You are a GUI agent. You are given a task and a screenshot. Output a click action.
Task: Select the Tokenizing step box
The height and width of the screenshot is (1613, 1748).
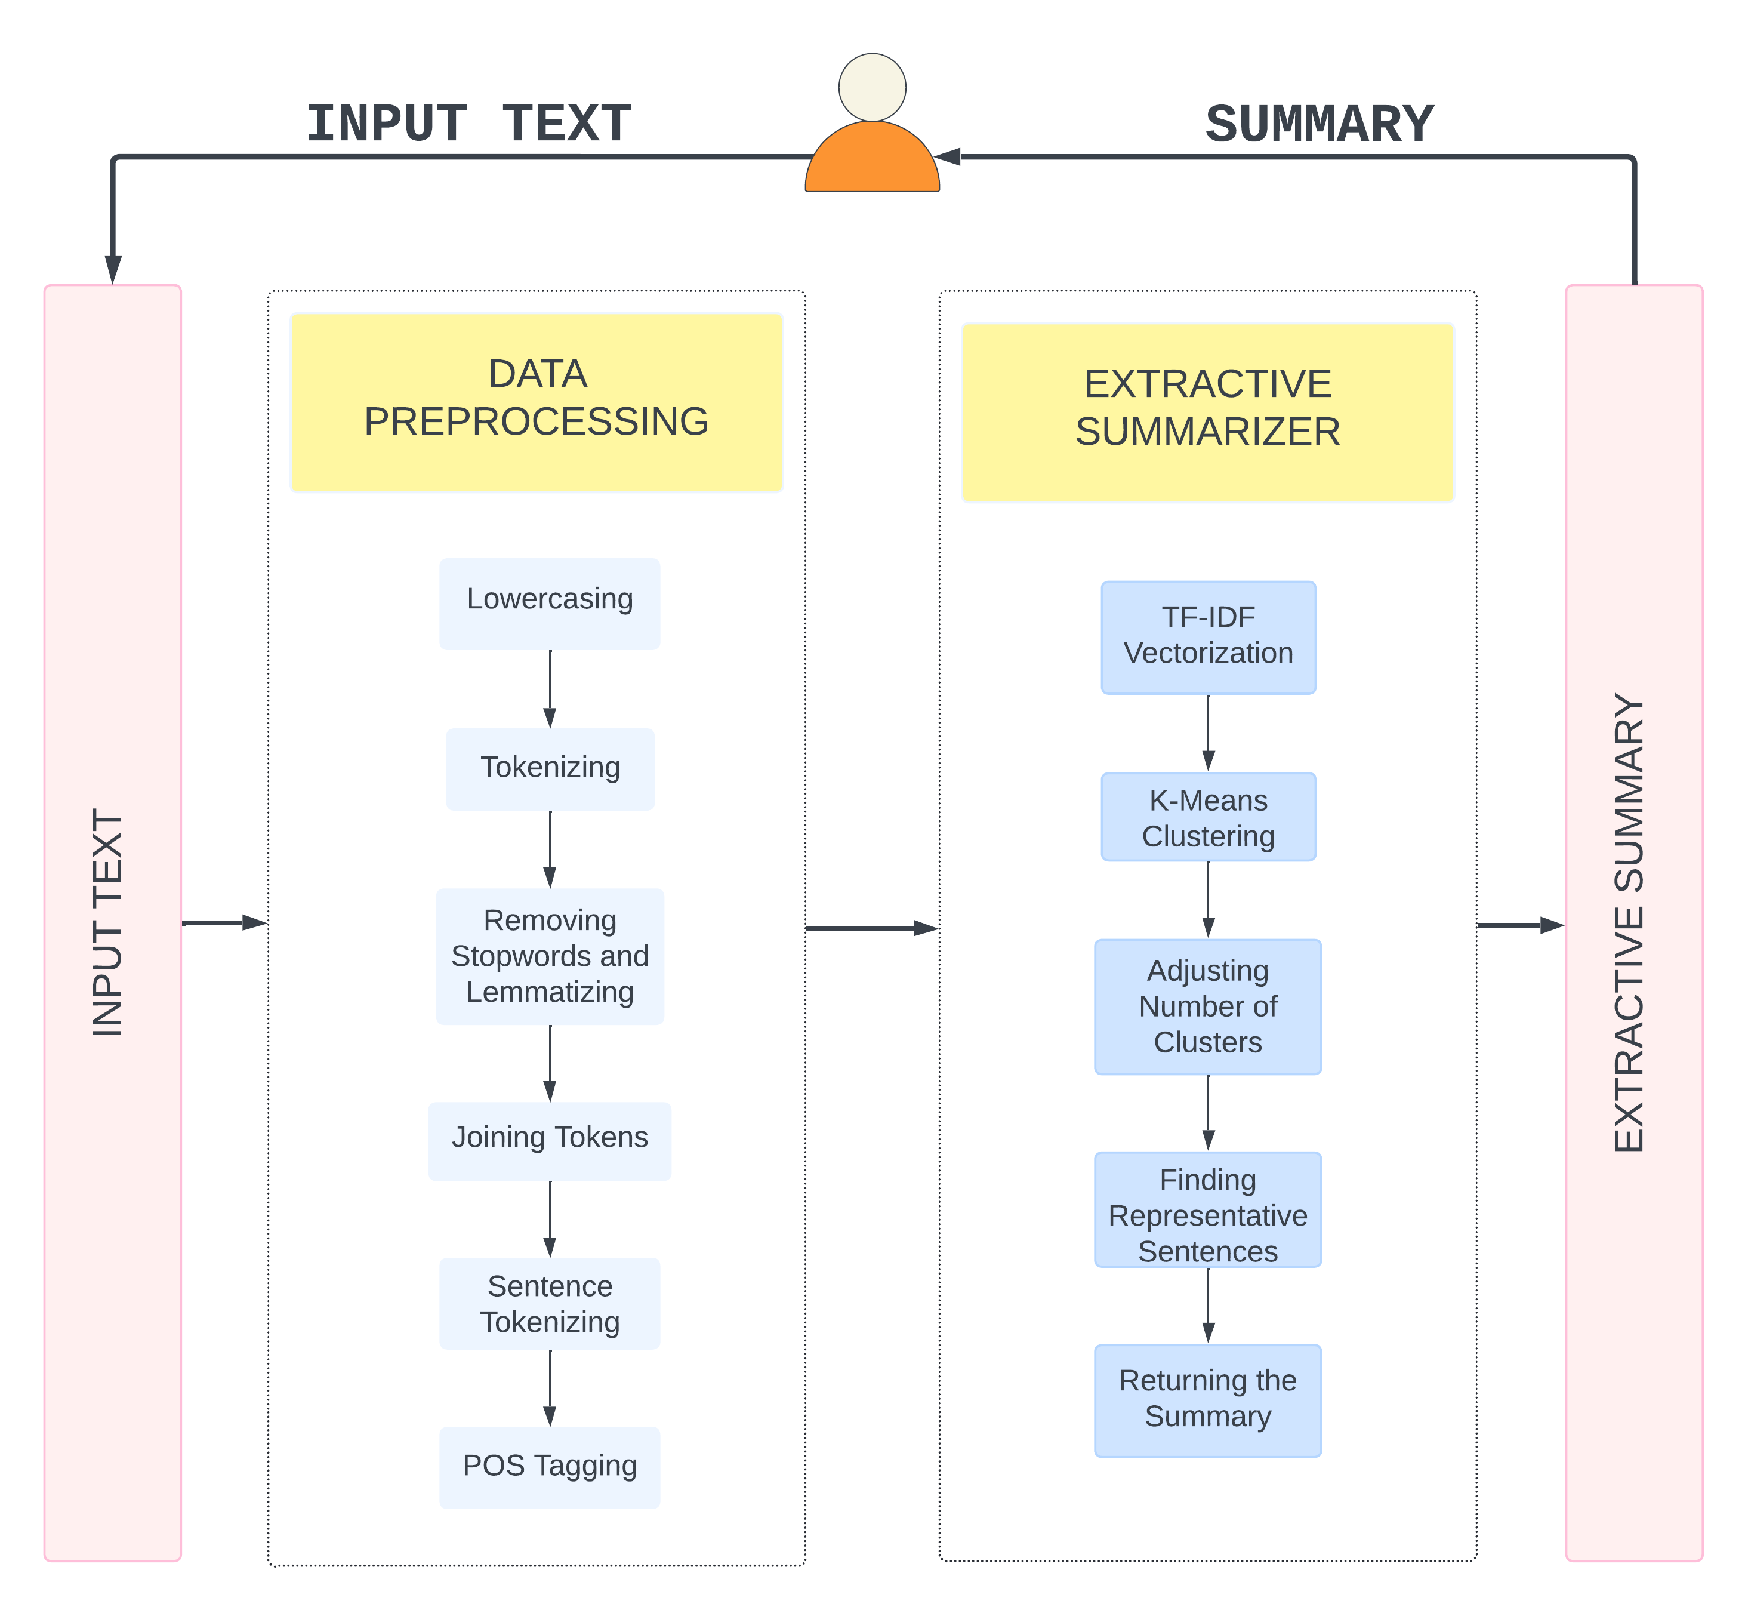click(550, 769)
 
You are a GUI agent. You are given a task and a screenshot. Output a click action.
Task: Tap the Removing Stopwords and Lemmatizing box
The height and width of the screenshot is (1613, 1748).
click(550, 956)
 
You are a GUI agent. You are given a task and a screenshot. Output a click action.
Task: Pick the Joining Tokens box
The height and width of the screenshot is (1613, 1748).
click(550, 1141)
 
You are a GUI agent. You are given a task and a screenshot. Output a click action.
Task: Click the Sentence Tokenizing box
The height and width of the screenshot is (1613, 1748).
click(550, 1303)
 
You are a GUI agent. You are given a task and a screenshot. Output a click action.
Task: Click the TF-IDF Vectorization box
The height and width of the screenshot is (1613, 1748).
click(1208, 637)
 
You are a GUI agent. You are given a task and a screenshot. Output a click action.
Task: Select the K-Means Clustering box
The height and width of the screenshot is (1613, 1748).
click(1208, 817)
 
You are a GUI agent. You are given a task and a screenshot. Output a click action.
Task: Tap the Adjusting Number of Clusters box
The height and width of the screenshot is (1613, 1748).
click(1208, 1006)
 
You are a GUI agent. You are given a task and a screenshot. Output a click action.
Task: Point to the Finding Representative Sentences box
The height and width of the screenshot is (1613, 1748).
click(1208, 1209)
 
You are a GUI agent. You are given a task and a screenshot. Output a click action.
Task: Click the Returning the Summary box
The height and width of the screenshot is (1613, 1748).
click(1208, 1400)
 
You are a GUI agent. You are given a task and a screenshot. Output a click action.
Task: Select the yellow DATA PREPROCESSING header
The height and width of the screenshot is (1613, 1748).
click(536, 402)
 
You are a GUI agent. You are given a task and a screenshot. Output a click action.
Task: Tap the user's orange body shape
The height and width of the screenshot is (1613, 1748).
click(872, 161)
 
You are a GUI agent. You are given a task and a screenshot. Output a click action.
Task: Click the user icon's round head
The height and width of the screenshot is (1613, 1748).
click(872, 87)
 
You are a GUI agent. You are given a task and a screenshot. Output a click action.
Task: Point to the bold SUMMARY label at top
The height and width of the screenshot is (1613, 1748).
click(1319, 124)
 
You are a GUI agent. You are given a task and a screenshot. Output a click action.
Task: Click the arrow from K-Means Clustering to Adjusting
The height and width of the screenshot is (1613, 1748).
click(1208, 900)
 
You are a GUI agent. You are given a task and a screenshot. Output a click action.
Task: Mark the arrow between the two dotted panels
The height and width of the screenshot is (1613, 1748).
click(871, 929)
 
